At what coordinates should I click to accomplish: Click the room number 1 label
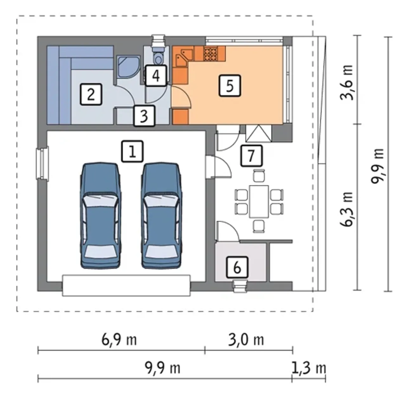(132, 152)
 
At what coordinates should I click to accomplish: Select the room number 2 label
(91, 94)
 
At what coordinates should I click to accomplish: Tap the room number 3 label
(144, 116)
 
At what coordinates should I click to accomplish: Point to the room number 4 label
(156, 76)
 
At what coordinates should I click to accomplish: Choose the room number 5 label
(230, 86)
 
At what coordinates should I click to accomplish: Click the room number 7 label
(252, 156)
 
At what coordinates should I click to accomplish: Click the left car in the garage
(101, 215)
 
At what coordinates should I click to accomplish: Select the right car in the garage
(161, 215)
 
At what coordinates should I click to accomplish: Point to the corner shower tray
(128, 67)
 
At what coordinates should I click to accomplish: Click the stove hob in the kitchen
(210, 54)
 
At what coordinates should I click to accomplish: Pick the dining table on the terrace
(259, 201)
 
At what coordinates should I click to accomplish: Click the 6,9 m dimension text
(119, 340)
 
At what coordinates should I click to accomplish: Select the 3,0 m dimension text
(246, 340)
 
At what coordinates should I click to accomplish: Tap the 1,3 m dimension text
(309, 368)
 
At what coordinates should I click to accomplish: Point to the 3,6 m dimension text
(347, 82)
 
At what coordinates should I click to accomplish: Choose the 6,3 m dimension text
(347, 209)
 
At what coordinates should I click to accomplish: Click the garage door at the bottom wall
(127, 285)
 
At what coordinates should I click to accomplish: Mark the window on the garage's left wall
(43, 163)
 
